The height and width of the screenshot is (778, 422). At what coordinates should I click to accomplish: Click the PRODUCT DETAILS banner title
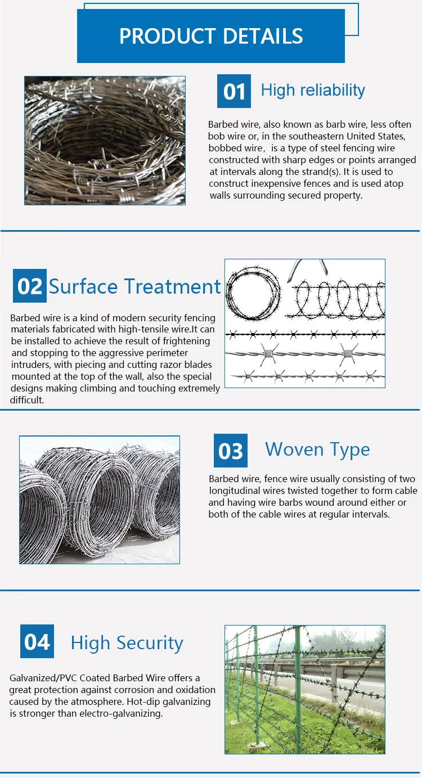pos(211,36)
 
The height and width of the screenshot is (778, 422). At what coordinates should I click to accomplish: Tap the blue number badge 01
pos(234,91)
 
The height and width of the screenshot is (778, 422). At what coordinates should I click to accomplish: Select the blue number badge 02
pos(30,286)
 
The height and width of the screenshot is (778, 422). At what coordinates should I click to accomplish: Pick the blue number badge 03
pos(230,451)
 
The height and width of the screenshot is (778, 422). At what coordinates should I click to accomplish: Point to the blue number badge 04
pos(37,641)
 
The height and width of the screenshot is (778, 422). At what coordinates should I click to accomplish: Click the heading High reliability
pos(313,90)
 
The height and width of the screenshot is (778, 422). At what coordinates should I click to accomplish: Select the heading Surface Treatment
pos(135,286)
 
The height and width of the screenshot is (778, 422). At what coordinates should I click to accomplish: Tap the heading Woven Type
pos(317,449)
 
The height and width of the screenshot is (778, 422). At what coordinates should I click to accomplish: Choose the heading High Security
pos(127,643)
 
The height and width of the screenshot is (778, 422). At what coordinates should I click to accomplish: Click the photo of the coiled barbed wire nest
pos(105,141)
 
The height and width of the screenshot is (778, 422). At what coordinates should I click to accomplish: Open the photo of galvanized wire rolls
pos(100,500)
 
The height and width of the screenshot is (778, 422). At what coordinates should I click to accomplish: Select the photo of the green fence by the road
pos(305,689)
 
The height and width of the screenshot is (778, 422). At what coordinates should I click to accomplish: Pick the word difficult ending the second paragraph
pos(26,400)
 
